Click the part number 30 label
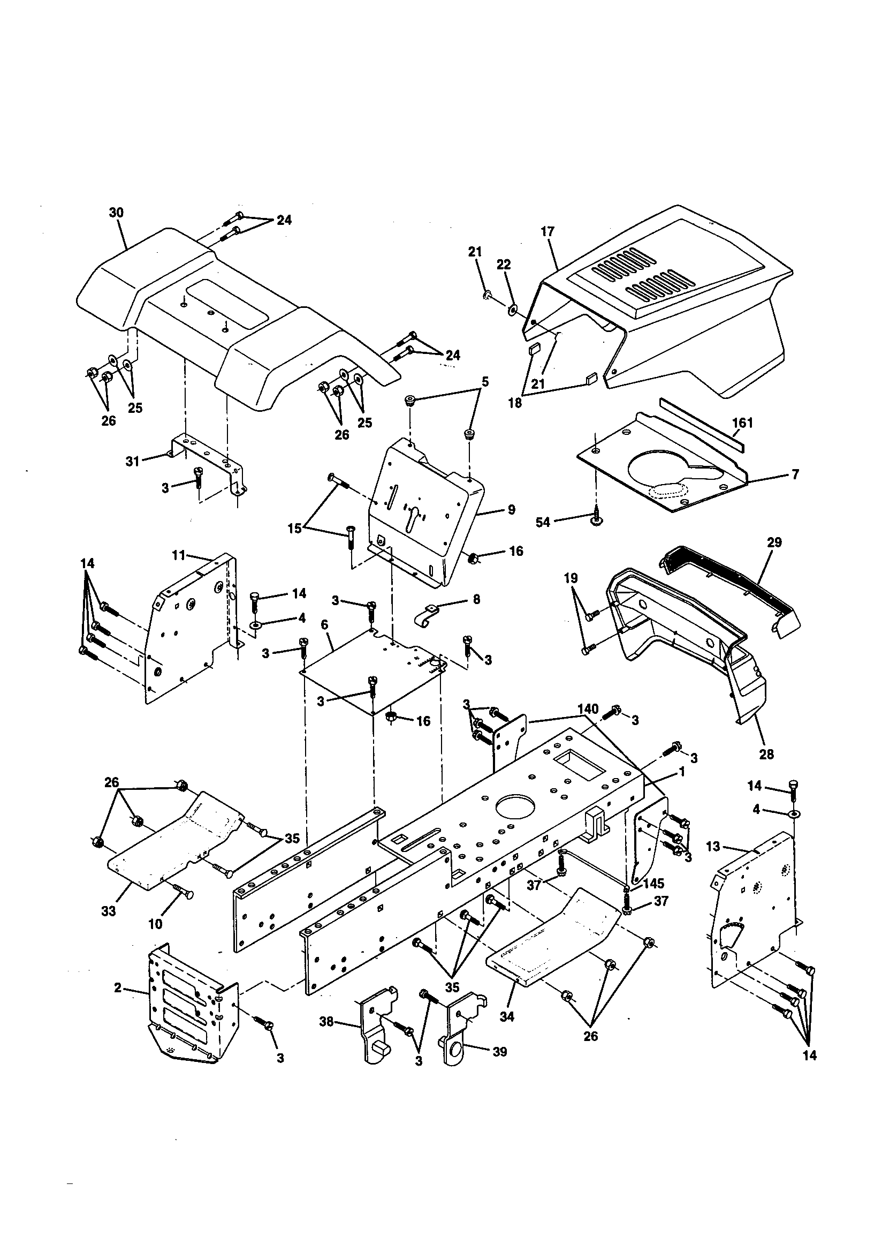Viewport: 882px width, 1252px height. [116, 213]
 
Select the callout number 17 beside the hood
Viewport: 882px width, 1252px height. [548, 231]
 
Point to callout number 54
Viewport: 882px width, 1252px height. [543, 522]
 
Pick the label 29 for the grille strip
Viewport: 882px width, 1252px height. [774, 542]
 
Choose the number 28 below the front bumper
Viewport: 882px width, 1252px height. [766, 755]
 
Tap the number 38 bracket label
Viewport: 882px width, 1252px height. [326, 1021]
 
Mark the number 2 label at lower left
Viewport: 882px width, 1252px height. [117, 987]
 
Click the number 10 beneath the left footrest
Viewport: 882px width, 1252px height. [155, 923]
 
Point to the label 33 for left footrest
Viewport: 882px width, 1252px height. [109, 911]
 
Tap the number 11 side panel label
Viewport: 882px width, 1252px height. [179, 555]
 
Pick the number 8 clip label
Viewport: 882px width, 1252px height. [476, 600]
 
